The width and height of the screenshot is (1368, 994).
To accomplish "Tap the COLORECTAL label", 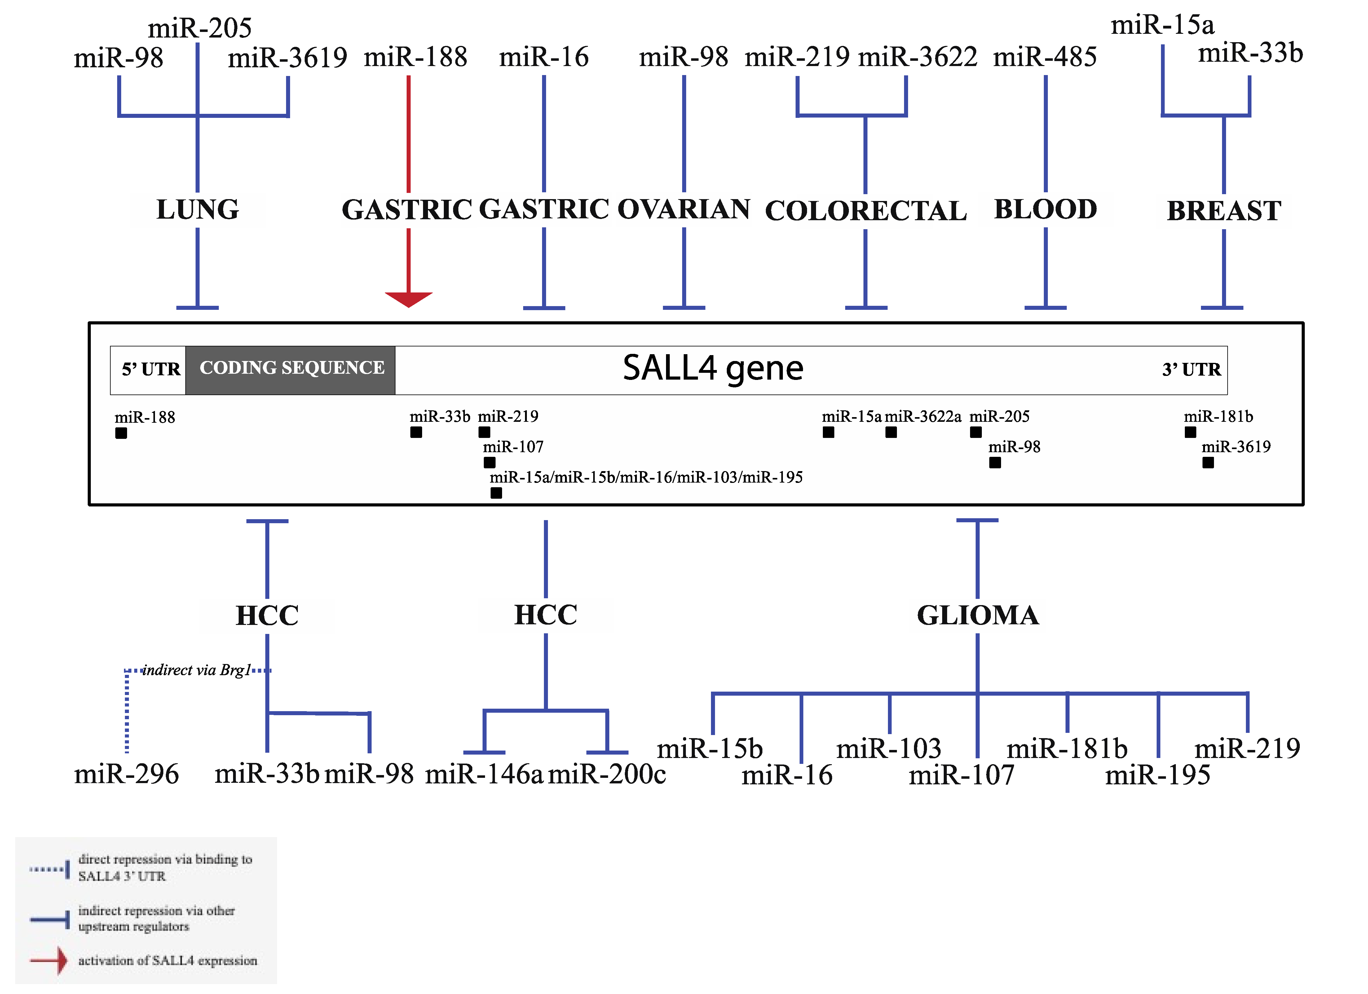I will coord(866,211).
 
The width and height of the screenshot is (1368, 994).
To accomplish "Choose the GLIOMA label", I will coord(978,615).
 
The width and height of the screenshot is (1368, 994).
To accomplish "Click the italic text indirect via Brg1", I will coord(196,670).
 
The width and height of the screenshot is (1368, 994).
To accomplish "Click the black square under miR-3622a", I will coord(891,432).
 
